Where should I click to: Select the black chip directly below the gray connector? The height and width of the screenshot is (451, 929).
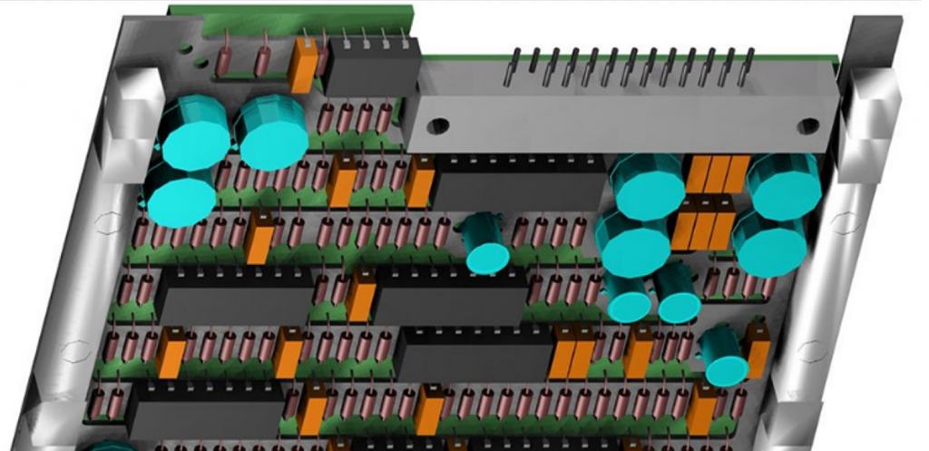click(x=517, y=185)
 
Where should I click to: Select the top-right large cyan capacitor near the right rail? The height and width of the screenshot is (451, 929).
click(x=784, y=186)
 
